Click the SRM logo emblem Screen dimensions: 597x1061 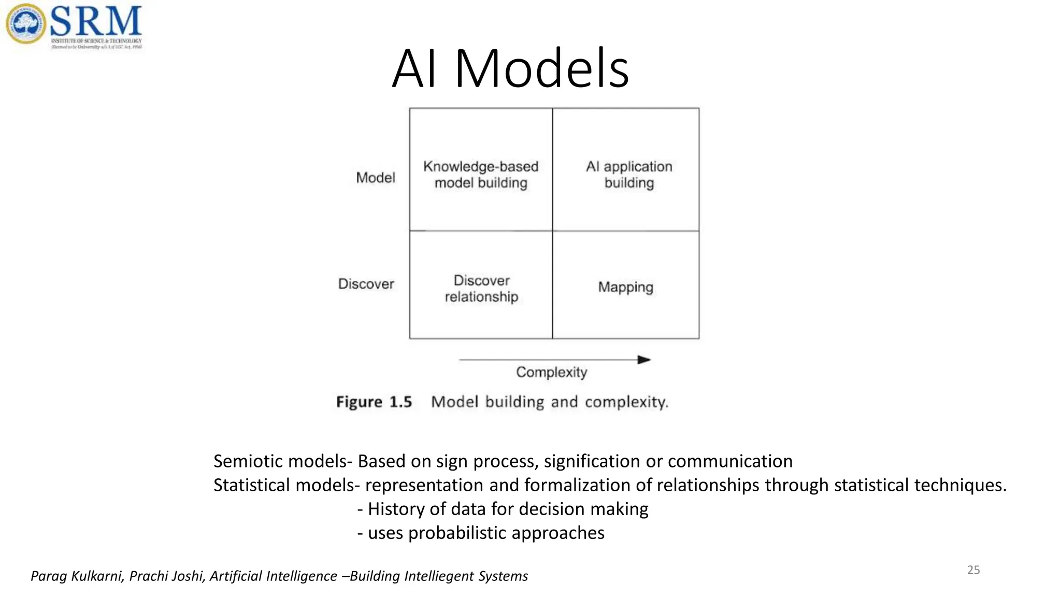[x=25, y=23]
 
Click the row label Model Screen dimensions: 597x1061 [x=375, y=178]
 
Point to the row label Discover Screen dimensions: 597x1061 [x=366, y=284]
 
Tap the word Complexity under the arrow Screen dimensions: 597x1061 [x=551, y=372]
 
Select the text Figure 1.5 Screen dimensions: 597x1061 [x=374, y=402]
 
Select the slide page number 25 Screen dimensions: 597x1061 [x=973, y=570]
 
